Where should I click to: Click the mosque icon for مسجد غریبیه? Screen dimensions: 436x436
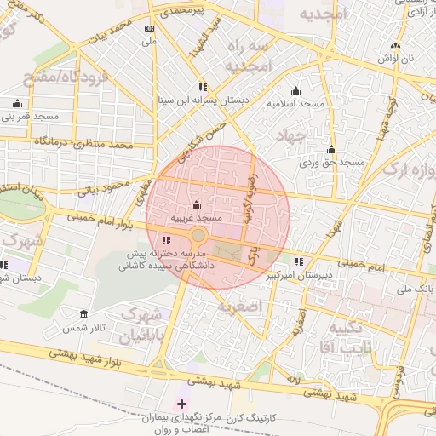coord(197,205)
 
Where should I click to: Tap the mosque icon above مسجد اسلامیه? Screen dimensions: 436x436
coord(295,90)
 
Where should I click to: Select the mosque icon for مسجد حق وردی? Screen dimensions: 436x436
coord(331,149)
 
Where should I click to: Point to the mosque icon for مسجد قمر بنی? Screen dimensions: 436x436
coord(17,104)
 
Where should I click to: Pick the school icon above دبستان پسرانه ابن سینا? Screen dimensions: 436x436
coord(203,87)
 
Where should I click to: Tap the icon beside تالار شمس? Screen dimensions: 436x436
coord(83,314)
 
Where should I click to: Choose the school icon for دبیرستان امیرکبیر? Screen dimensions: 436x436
coord(299,262)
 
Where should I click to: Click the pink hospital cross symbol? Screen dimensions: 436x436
coord(181,402)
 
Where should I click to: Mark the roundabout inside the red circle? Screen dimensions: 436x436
coord(198,235)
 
